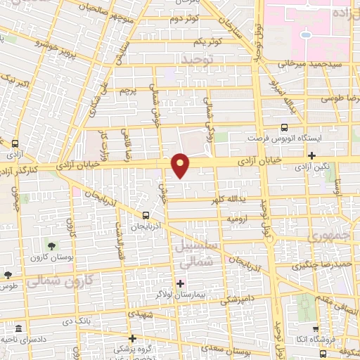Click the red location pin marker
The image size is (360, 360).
(181, 165)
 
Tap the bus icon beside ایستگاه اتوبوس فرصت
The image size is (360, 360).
(284, 127)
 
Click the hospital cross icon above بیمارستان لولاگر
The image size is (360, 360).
(181, 284)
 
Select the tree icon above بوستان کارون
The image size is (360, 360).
(52, 245)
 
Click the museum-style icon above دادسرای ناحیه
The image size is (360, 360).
(18, 329)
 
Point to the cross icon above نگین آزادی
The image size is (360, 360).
(312, 155)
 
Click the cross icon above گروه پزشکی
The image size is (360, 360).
(132, 337)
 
